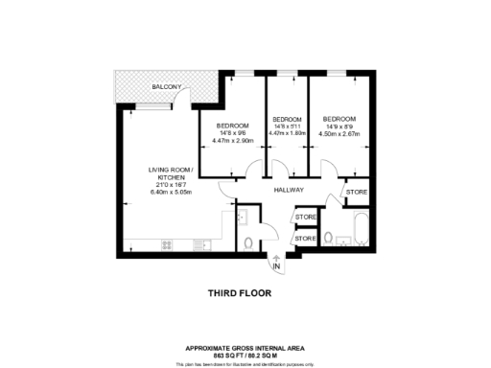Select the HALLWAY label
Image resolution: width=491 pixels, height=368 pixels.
[x=288, y=191]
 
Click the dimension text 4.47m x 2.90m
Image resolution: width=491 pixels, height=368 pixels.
[x=232, y=141]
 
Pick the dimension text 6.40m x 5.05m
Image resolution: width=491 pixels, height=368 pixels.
[x=171, y=194]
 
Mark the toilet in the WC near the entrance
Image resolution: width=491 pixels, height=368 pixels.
[x=247, y=243]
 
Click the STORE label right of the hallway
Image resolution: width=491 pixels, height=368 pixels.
[x=356, y=193]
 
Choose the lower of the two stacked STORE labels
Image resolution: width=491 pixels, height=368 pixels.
[x=306, y=238]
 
